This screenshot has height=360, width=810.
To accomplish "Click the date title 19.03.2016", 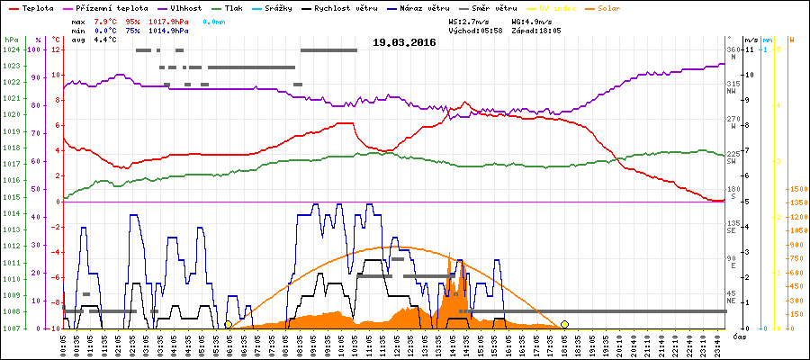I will coord(403,42).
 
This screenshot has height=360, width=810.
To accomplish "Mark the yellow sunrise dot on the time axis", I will coord(229,324).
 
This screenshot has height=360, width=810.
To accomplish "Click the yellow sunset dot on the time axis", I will coord(564,324).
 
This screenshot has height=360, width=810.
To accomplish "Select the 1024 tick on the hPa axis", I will coord(11,49).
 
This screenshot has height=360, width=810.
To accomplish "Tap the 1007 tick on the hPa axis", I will coord(11,328).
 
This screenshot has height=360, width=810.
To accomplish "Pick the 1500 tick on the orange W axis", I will coord(797,190).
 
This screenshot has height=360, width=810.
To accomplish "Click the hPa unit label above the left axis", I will coord(11,40).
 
